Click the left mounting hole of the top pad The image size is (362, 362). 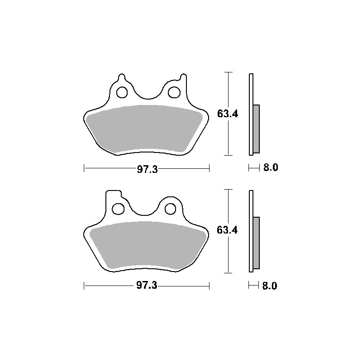[x=122, y=93]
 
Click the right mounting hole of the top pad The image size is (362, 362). [x=173, y=92]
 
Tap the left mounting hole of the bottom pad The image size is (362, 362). [x=118, y=209]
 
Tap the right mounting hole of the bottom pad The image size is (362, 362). [x=170, y=209]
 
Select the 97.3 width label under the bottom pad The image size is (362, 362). [x=147, y=286]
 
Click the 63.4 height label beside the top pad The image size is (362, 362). [x=228, y=114]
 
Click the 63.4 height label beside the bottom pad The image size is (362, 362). [x=228, y=230]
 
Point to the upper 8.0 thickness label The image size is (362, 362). [x=270, y=168]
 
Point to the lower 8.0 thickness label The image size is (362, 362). [x=270, y=286]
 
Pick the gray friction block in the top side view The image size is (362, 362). [x=257, y=129]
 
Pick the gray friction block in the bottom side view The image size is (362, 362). [x=257, y=243]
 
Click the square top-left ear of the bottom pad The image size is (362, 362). [x=112, y=195]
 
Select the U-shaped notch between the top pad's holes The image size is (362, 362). [x=147, y=93]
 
